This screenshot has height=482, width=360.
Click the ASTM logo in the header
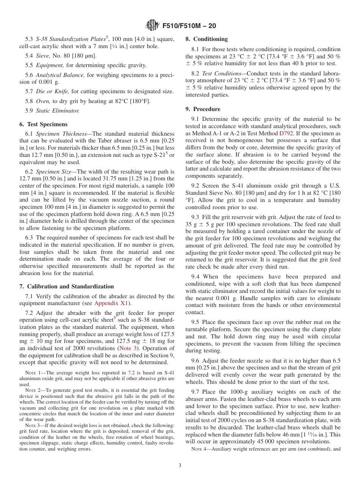pyautogui.click(x=152, y=26)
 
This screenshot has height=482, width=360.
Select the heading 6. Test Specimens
pyautogui.click(x=43, y=124)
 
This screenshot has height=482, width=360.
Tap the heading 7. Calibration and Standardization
pyautogui.click(x=66, y=286)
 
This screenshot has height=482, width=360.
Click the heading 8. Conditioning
pyautogui.click(x=207, y=39)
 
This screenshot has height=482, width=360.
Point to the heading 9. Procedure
pyautogui.click(x=203, y=109)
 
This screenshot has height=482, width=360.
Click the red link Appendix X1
pyautogui.click(x=112, y=304)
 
